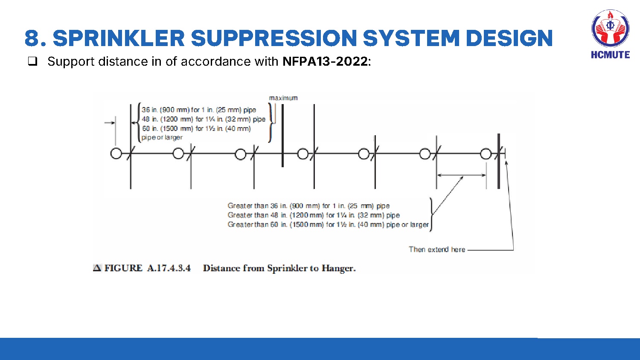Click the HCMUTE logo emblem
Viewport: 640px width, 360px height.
point(610,29)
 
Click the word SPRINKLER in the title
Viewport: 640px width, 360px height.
point(119,38)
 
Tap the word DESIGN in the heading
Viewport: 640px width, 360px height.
point(509,38)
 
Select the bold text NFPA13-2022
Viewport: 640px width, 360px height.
point(325,61)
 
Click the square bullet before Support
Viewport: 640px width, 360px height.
point(32,61)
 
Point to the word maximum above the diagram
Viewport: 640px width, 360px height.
point(283,98)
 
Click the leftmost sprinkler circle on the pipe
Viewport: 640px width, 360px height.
point(116,154)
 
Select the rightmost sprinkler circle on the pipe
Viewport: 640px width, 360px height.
point(486,154)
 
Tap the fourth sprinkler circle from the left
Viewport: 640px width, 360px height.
point(303,154)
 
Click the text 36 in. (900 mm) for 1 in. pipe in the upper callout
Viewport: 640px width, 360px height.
point(199,110)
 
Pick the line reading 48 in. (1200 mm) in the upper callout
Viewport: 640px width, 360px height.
point(204,119)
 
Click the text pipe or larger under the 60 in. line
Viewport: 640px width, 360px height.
point(162,137)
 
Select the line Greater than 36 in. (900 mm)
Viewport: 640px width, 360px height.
point(308,206)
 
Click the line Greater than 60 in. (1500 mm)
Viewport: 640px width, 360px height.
point(328,224)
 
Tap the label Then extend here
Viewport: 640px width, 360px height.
point(437,250)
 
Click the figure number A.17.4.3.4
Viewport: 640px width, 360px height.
point(169,268)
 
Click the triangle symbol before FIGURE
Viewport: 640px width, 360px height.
point(97,268)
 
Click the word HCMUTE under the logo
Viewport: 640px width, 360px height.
point(610,55)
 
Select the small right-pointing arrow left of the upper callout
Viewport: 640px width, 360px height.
point(109,123)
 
